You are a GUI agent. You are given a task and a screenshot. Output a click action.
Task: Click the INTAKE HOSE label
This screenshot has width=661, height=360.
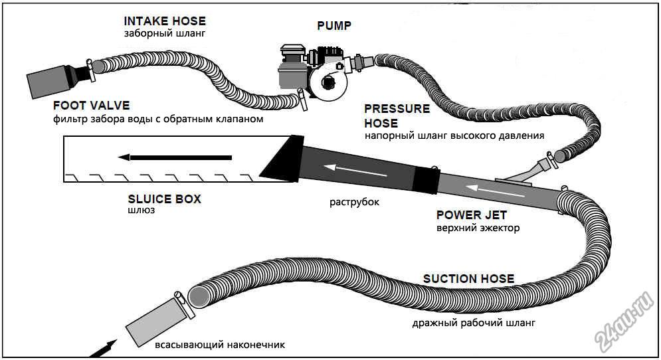pyautogui.click(x=165, y=21)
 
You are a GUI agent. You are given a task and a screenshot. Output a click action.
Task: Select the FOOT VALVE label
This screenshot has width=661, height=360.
pyautogui.click(x=91, y=106)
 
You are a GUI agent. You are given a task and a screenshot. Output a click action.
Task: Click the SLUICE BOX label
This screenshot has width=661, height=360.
pyautogui.click(x=164, y=199)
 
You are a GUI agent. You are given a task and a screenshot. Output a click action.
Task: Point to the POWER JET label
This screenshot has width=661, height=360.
pyautogui.click(x=471, y=215)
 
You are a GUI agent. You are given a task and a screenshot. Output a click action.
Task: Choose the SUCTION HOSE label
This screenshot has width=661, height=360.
pyautogui.click(x=468, y=278)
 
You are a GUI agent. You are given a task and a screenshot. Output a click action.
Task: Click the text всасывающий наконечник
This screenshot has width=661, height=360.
pyautogui.click(x=219, y=345)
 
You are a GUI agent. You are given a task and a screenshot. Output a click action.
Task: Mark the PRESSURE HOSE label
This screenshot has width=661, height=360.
pyautogui.click(x=397, y=116)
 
